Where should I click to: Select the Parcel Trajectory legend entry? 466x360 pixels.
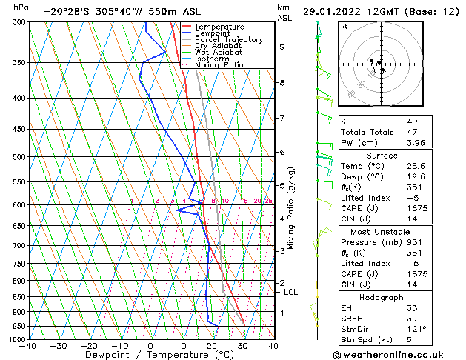[x=228, y=40]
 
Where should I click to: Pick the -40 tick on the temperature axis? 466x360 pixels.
[x=28, y=346]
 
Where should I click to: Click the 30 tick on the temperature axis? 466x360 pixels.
[x=242, y=346]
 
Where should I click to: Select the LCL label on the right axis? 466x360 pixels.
[x=291, y=293]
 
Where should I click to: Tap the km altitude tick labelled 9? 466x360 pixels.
[x=282, y=47]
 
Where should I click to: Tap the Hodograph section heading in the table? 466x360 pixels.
[x=382, y=296]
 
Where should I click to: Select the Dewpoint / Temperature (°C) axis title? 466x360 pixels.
[x=150, y=356]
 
